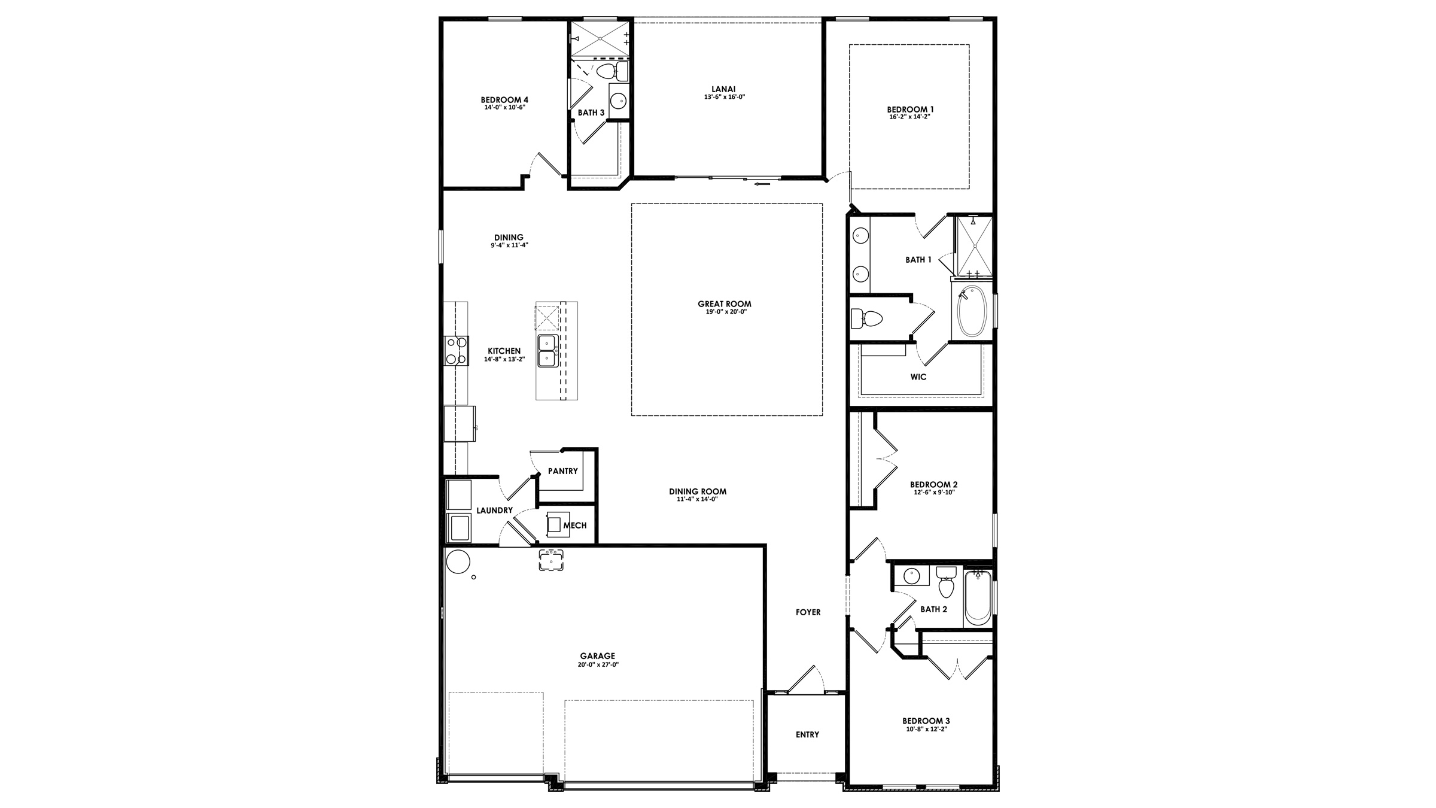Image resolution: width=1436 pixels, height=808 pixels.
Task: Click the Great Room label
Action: pos(724,304)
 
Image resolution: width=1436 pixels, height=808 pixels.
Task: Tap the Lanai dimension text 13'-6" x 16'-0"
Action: pos(724,97)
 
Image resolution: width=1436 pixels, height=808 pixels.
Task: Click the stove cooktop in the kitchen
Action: pos(456,351)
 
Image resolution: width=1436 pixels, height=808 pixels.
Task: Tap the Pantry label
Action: pos(562,471)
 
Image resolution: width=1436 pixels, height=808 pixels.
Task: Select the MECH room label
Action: pos(575,525)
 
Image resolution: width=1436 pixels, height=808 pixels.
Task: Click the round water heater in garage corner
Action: pos(458,562)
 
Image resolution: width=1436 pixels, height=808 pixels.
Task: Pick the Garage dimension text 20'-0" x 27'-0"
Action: pos(597,664)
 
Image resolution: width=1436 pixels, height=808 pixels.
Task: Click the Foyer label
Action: pos(808,612)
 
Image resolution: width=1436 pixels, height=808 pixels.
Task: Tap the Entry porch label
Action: pos(807,734)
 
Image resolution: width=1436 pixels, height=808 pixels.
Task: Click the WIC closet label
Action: pos(918,377)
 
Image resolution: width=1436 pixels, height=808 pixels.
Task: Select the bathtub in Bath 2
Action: pos(978,599)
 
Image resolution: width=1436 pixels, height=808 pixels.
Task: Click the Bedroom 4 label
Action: pos(504,100)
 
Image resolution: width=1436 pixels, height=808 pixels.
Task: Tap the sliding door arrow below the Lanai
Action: pos(762,184)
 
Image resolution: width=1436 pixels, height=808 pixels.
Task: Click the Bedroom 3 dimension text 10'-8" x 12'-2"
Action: pos(926,730)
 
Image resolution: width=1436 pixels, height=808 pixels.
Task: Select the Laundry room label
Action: pos(494,511)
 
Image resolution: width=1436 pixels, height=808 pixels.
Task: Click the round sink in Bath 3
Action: pos(617,99)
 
